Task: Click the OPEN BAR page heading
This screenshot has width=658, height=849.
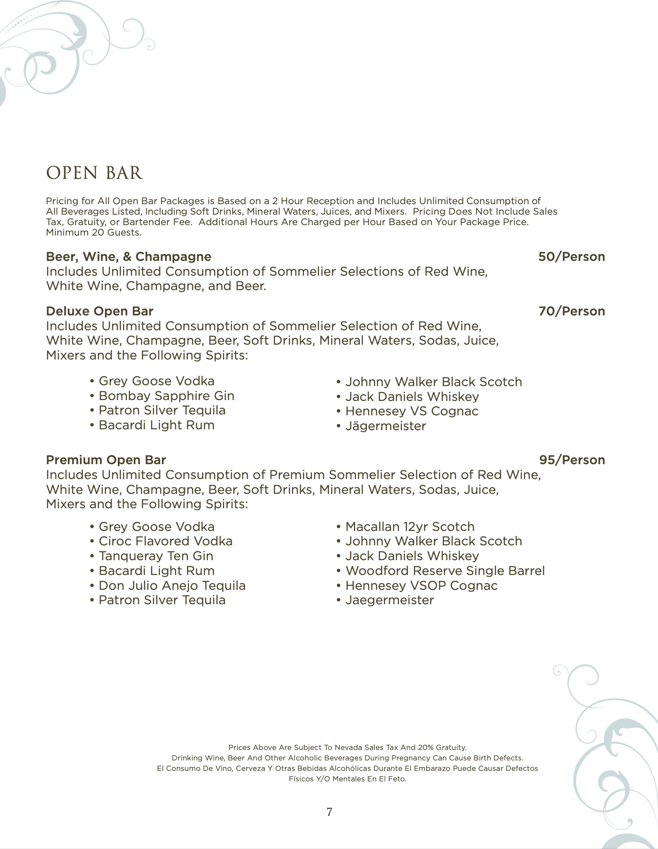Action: point(94,173)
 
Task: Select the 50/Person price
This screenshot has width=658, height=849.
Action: point(571,257)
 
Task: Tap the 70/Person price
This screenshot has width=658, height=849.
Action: point(571,311)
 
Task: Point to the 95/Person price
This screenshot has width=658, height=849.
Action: point(572,460)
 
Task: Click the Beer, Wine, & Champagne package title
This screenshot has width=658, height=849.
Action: point(128,257)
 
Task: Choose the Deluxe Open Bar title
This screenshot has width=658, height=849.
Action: point(99,311)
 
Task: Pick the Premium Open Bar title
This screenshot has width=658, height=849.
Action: point(106,460)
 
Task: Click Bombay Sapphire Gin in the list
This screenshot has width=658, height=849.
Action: point(166,396)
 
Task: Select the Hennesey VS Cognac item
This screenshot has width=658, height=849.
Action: point(411,411)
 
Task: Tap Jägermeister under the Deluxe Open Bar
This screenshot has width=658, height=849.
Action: point(385,426)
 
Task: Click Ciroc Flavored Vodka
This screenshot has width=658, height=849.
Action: point(165,541)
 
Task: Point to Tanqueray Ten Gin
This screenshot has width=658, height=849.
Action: point(156,556)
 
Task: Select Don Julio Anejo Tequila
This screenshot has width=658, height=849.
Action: point(172,585)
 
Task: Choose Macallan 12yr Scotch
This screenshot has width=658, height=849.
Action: point(410,527)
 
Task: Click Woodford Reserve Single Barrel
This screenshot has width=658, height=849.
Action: point(445,571)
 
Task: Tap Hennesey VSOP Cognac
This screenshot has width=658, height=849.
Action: point(421,585)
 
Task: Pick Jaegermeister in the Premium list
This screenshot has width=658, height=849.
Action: point(389,600)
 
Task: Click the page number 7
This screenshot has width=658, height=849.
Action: point(329,812)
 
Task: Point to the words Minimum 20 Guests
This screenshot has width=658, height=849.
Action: point(94,233)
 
